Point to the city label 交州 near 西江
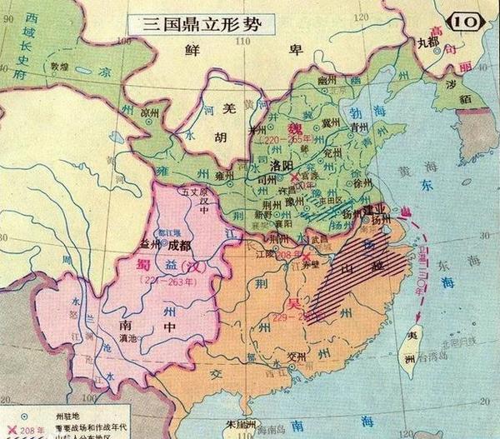click(294, 360)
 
